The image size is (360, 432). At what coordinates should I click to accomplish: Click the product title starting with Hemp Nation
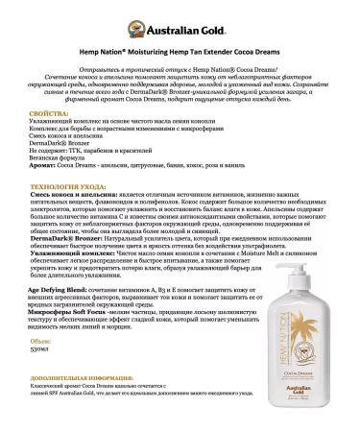(x=180, y=45)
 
